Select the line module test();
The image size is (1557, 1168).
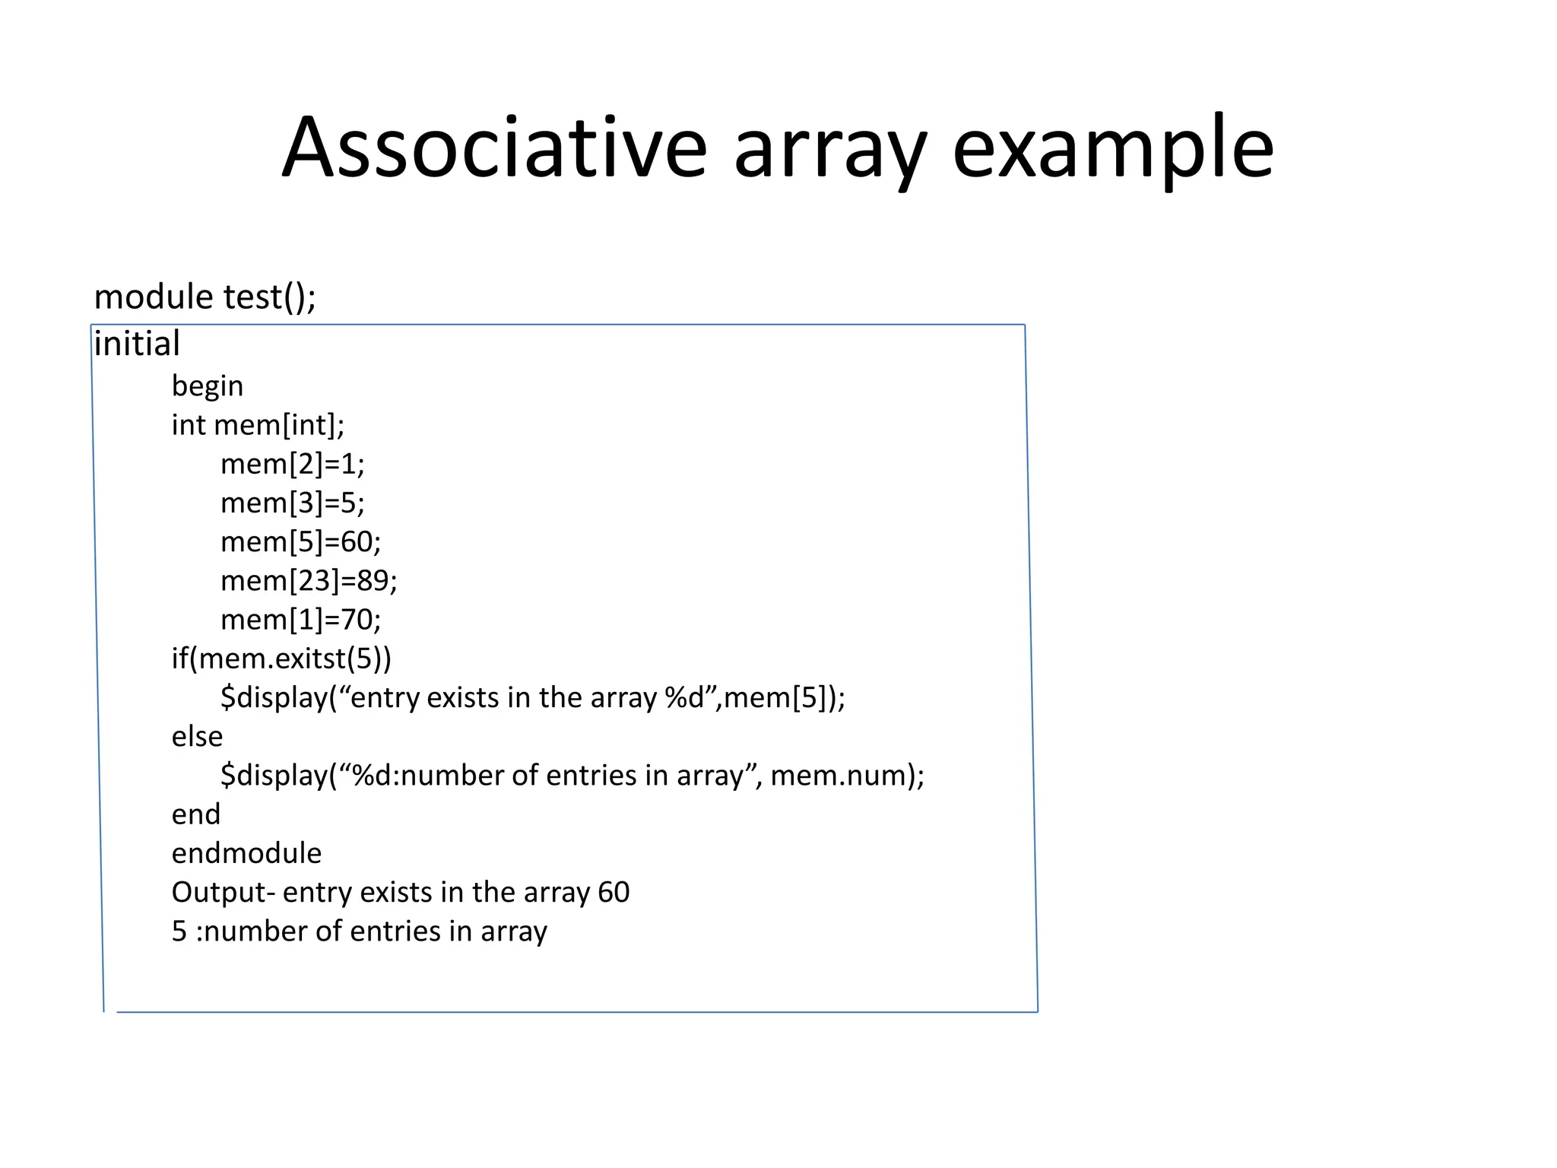(205, 297)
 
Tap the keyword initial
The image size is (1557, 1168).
(137, 344)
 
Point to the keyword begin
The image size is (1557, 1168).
(208, 386)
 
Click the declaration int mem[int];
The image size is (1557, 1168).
(258, 425)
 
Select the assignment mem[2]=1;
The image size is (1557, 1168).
(293, 464)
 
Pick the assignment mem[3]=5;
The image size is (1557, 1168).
(293, 503)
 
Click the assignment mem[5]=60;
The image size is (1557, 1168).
(300, 541)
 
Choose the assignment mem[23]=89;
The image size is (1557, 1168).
(309, 581)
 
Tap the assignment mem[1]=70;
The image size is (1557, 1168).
(300, 620)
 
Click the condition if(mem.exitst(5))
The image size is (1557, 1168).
(281, 659)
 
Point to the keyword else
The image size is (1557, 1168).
(197, 736)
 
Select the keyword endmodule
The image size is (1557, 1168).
(246, 853)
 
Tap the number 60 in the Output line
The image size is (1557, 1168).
(614, 892)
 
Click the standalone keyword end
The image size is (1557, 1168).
(196, 814)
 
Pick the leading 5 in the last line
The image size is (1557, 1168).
(179, 932)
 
